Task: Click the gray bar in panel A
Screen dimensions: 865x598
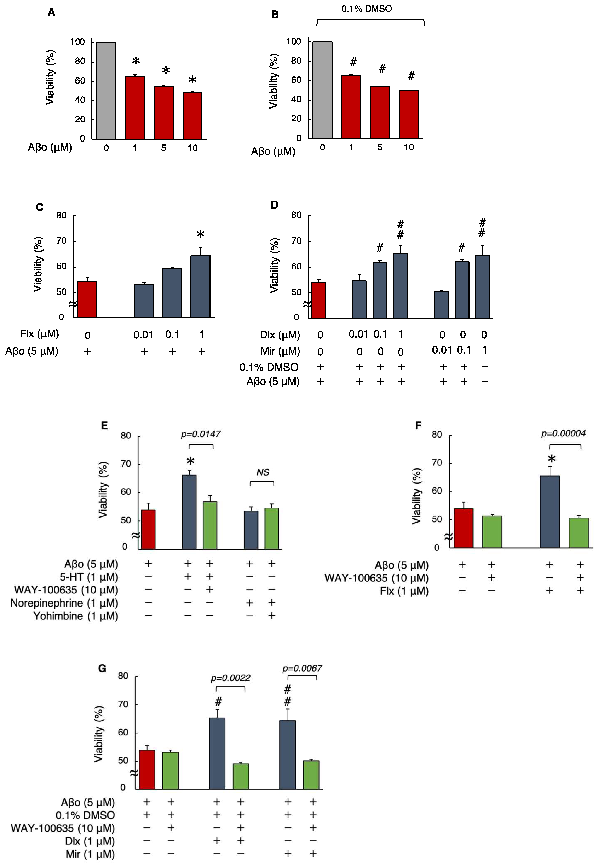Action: click(x=106, y=91)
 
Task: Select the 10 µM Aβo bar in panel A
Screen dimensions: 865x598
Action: click(x=192, y=115)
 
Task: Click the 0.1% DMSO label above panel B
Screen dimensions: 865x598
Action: click(x=366, y=9)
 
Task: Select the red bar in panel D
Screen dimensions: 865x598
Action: click(x=318, y=300)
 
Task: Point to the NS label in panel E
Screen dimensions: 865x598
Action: click(x=263, y=472)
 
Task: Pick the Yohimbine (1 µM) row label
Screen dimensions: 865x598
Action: click(x=76, y=616)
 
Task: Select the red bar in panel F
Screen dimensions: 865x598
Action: click(x=464, y=528)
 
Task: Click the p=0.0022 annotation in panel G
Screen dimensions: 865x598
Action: click(x=230, y=678)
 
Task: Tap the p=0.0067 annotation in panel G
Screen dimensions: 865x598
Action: click(x=302, y=668)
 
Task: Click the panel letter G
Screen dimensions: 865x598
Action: click(x=102, y=668)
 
